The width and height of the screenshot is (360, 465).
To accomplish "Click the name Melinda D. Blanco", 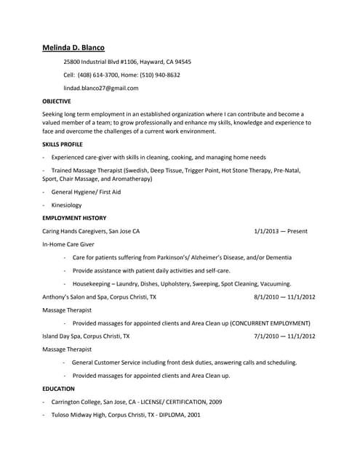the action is coord(73,48).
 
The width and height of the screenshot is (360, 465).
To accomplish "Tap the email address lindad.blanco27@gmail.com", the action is coord(100,88).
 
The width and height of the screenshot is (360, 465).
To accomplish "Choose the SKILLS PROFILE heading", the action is coord(63,145).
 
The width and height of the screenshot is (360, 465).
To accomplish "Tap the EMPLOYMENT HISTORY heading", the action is coord(74,218).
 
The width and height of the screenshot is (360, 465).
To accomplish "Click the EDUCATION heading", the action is coord(58,389).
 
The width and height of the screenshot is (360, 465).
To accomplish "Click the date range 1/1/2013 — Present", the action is coord(281,231).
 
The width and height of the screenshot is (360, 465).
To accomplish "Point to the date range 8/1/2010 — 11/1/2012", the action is coord(284,297).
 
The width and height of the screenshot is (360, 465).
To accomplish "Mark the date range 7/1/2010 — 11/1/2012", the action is coord(284,336).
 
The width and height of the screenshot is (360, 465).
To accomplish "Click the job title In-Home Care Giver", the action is coord(68,245).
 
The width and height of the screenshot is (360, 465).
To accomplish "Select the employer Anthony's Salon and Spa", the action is coord(76,297).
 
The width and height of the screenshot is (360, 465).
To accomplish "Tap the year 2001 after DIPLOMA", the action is coord(193,415).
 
